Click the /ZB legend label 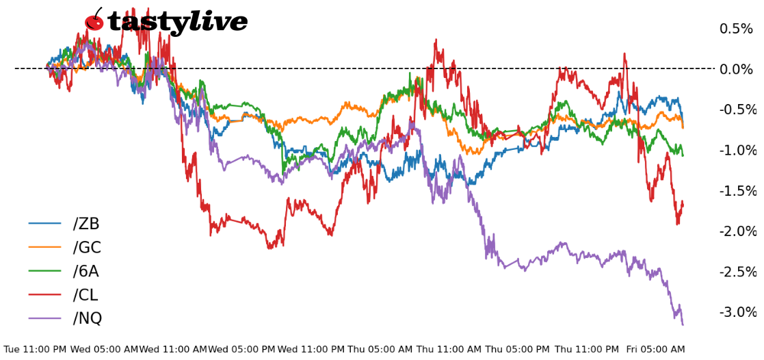(86, 224)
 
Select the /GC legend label (87, 248)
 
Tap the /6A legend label (85, 272)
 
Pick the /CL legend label (85, 295)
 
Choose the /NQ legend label (87, 318)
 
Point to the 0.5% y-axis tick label (735, 29)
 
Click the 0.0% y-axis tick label (735, 69)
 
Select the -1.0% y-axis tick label (737, 151)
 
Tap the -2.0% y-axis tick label (737, 231)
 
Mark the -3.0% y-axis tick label (737, 312)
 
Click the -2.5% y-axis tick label (737, 272)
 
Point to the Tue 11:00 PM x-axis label (35, 349)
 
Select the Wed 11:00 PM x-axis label (311, 349)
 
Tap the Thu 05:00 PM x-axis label (517, 349)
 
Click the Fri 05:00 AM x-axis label (655, 349)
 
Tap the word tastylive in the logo (178, 23)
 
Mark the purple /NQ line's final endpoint (683, 324)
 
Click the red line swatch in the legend (44, 295)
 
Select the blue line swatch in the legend (44, 224)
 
